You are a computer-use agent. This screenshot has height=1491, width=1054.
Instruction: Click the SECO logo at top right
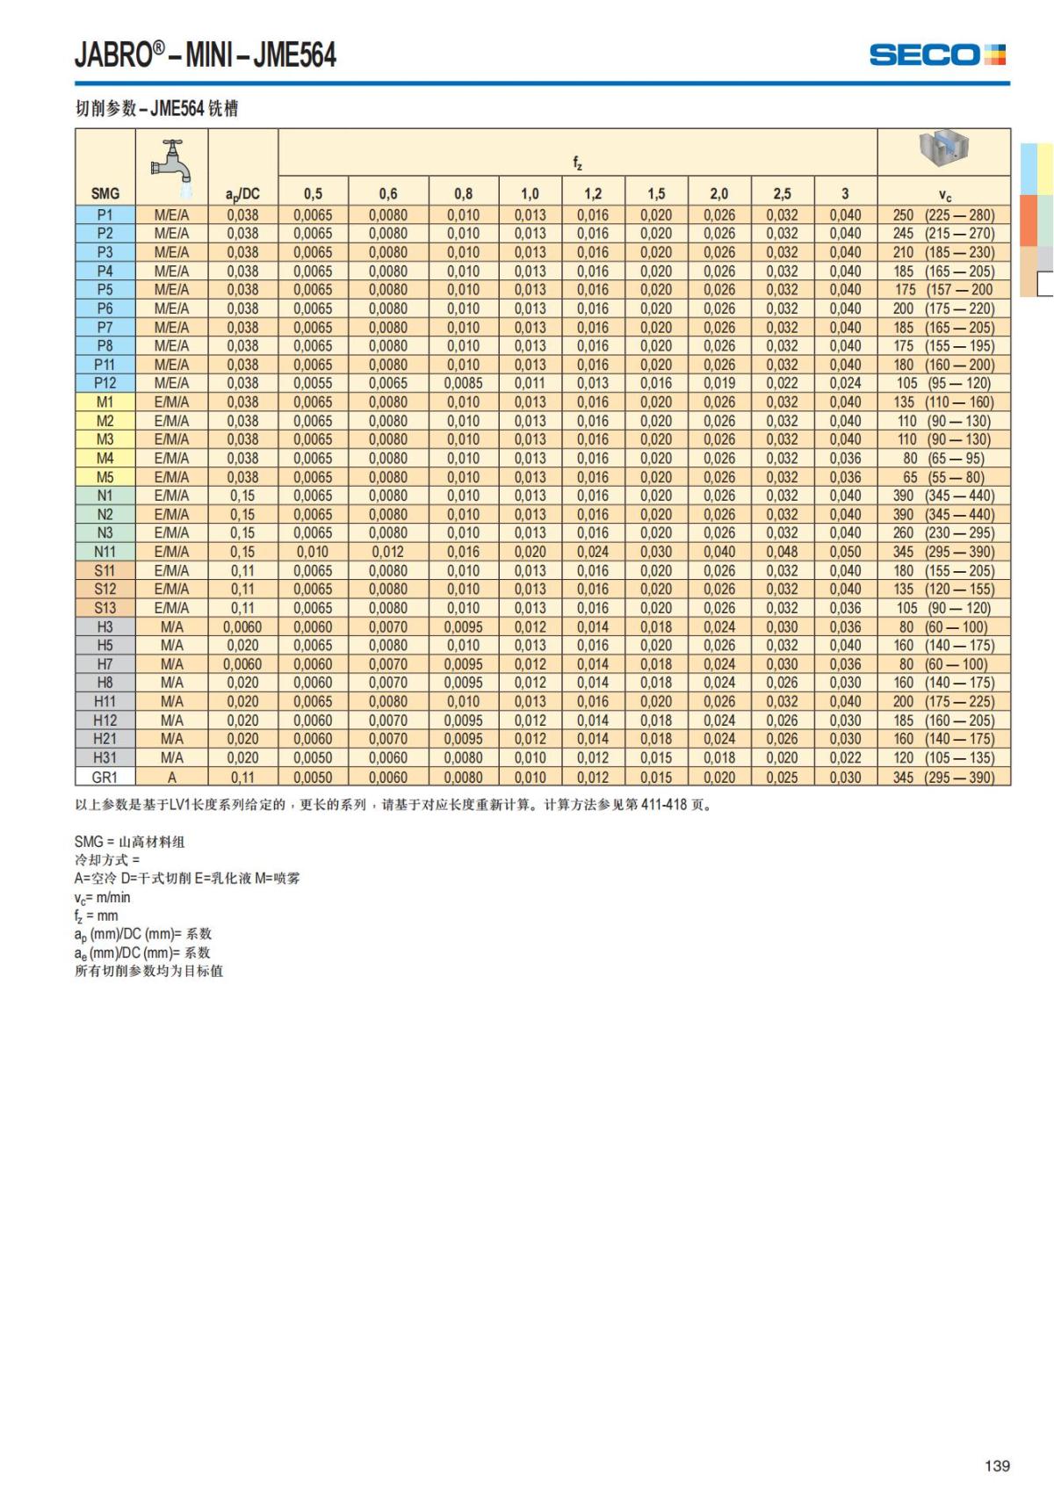coord(937,54)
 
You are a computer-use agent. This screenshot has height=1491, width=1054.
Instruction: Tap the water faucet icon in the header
coord(172,163)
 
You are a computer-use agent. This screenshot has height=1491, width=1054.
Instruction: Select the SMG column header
coord(105,193)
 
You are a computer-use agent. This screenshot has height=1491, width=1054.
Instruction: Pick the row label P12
coord(105,383)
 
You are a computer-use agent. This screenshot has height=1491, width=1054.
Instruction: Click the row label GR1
coord(105,777)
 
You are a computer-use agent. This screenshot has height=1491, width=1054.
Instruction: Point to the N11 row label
coord(105,552)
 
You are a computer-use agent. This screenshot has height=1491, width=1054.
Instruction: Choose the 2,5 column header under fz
coord(782,193)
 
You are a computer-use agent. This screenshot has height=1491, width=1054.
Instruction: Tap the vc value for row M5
coord(944,477)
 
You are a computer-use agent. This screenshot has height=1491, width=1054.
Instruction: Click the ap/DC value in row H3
coord(242,627)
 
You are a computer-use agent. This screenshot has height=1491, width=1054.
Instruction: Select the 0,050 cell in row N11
coord(845,552)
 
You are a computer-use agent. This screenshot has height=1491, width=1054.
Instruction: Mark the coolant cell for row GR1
coord(172,777)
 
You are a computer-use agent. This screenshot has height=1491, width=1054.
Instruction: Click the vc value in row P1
coord(944,215)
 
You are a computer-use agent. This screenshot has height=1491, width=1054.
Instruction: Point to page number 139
coord(997,1466)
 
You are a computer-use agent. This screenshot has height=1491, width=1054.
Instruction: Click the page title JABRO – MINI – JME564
coord(206,55)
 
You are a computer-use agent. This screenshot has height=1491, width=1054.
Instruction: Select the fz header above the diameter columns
coord(577,163)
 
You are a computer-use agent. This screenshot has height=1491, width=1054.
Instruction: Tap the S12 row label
coord(105,590)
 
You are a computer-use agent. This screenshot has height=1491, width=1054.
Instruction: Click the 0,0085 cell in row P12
coord(463,383)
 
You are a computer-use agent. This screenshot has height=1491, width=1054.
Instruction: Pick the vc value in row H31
coord(944,757)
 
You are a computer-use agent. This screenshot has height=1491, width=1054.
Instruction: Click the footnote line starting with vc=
coord(103,897)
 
